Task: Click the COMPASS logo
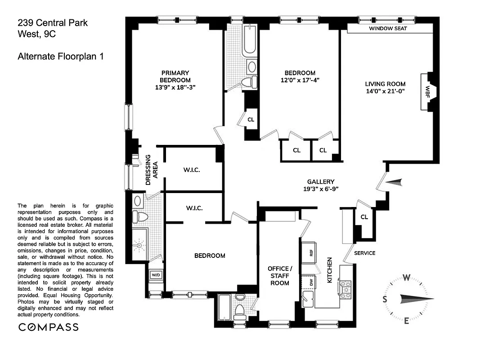click(x=48, y=327)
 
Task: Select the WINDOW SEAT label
click(x=388, y=28)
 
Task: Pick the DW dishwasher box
click(x=310, y=283)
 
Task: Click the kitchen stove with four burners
click(x=345, y=289)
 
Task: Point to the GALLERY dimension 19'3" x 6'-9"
click(x=321, y=189)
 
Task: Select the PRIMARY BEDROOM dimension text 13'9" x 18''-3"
click(x=175, y=88)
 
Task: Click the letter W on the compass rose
click(x=407, y=277)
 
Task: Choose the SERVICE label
click(x=364, y=253)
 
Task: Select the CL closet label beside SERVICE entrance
click(x=364, y=217)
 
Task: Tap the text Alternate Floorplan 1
click(x=60, y=57)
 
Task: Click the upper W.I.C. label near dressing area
click(x=192, y=170)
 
